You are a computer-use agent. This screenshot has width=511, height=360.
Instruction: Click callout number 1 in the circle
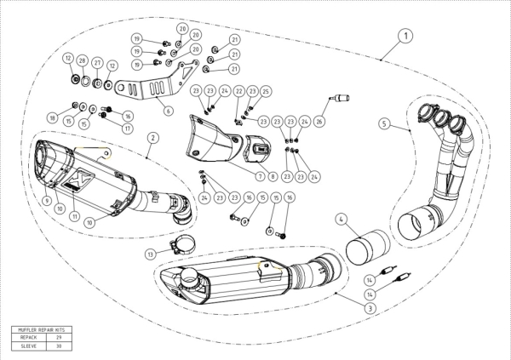click(405, 36)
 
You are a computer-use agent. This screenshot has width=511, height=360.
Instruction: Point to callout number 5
click(385, 123)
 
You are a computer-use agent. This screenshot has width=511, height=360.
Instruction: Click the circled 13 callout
click(151, 254)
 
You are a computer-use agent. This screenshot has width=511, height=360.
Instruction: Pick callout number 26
click(319, 122)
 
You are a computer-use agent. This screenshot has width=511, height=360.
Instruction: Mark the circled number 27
click(97, 64)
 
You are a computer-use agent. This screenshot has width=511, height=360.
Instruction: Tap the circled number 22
click(239, 91)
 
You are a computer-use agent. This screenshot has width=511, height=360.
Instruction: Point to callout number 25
click(266, 91)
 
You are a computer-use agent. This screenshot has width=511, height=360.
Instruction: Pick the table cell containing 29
click(59, 337)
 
